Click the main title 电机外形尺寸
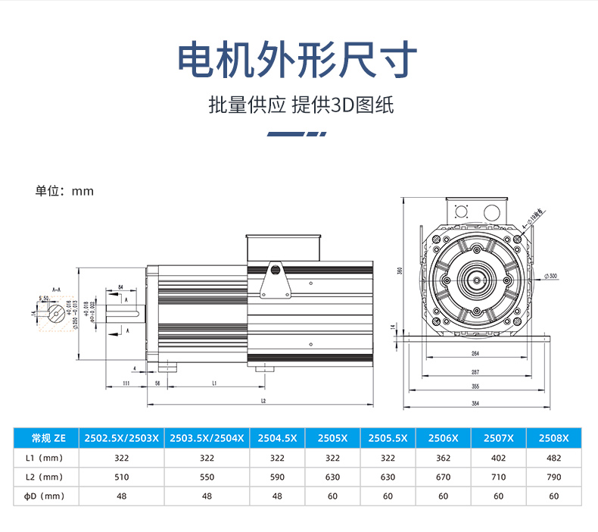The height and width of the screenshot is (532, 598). click(x=297, y=58)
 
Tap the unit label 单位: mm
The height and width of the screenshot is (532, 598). click(x=64, y=191)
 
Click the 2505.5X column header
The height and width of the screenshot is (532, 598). click(x=388, y=438)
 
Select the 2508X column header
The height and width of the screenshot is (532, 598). click(x=553, y=438)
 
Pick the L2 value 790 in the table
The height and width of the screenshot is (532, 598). click(x=553, y=477)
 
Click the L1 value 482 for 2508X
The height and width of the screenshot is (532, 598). click(x=553, y=458)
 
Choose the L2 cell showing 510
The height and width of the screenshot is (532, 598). click(x=122, y=477)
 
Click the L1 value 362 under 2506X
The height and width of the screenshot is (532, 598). click(x=443, y=458)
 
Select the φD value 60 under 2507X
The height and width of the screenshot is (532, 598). click(x=499, y=496)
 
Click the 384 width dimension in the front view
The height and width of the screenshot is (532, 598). click(x=475, y=404)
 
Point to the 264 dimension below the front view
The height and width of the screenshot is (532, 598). click(x=475, y=354)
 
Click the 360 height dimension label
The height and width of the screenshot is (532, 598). click(x=399, y=271)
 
